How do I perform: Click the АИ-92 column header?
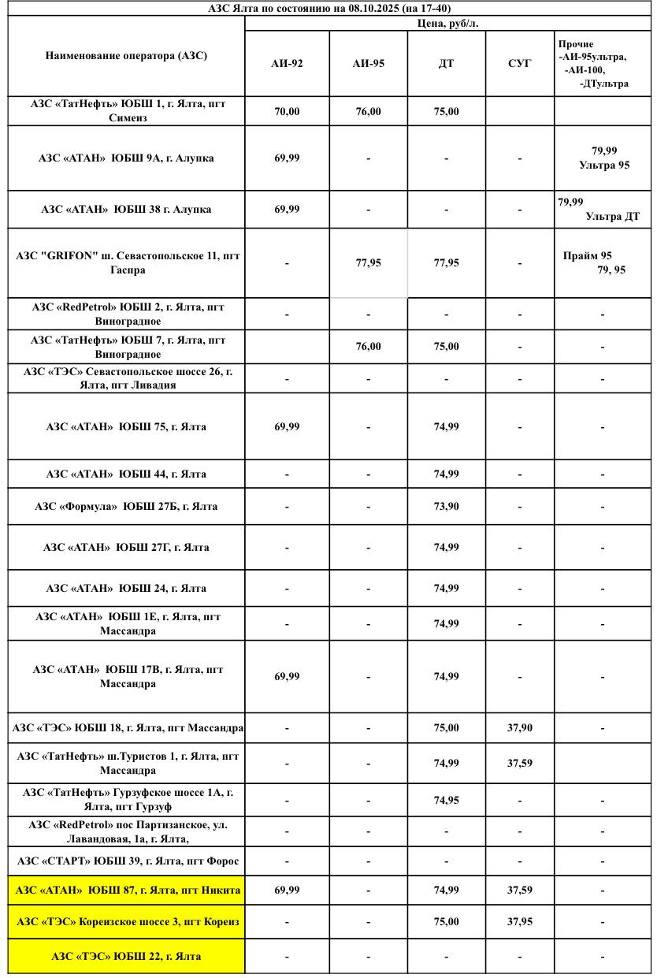coord(287,64)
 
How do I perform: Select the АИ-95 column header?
coord(368,64)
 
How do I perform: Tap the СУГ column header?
coord(519,64)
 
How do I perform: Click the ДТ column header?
coord(446,64)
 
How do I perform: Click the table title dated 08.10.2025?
coord(329,8)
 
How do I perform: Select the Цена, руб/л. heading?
coord(447,24)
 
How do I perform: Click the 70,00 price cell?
coord(287,112)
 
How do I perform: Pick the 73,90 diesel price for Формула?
coord(446,506)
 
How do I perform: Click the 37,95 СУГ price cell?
coord(519,921)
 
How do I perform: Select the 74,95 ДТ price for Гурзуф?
coord(446,800)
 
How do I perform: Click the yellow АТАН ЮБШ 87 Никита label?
coord(127,890)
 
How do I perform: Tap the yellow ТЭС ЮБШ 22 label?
coord(127,956)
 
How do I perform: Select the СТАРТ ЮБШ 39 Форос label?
coord(127,861)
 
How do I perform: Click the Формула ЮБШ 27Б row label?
coord(127,506)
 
